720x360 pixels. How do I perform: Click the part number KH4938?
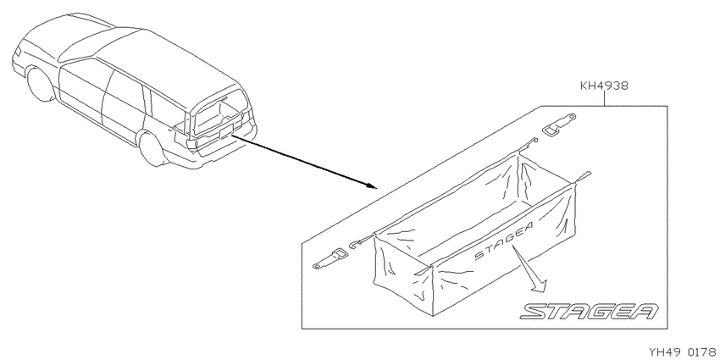point(604,86)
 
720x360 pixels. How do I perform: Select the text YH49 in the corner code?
point(663,352)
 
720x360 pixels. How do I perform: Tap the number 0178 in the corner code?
point(702,352)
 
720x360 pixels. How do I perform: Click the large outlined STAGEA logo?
point(590,311)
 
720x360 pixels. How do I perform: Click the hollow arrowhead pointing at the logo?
point(539,285)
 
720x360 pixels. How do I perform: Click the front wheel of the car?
point(41,84)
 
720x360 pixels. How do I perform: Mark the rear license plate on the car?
point(226,132)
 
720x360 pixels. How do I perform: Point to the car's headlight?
point(18,51)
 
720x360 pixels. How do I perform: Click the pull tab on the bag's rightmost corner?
point(582,178)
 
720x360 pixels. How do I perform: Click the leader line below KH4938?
point(604,99)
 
